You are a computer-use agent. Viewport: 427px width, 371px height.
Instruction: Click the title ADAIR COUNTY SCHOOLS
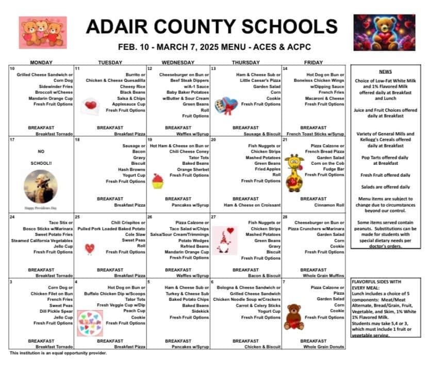212,26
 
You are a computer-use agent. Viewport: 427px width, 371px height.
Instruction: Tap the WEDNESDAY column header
178,62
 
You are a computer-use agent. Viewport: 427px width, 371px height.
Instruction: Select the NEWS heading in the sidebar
385,72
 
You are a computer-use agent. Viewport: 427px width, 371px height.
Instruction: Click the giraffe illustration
294,173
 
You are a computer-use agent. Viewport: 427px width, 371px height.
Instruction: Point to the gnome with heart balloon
224,241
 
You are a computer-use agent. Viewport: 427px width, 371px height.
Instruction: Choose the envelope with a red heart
92,106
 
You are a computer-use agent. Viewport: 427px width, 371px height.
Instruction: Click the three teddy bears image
43,32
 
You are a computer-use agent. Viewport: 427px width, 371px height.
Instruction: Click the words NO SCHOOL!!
41,157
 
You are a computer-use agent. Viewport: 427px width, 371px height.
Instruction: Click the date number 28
285,217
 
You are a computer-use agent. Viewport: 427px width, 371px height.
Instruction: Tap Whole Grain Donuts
324,347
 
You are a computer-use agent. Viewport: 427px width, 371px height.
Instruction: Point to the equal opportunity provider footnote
58,353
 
